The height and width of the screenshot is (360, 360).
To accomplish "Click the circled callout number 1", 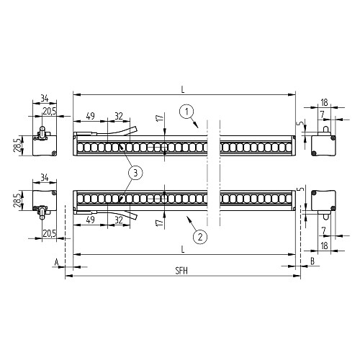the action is tap(186, 112).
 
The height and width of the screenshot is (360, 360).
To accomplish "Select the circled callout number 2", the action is tap(200, 237).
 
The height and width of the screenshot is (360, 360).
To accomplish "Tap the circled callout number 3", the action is tap(135, 173).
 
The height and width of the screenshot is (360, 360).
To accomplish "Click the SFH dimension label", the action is tap(181, 271).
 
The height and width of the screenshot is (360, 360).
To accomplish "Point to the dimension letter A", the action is tap(57, 262).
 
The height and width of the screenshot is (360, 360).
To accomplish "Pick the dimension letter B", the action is tap(312, 261).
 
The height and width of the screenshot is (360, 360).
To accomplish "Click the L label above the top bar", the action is tap(183, 90).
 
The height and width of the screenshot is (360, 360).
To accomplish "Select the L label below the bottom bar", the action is tap(183, 249).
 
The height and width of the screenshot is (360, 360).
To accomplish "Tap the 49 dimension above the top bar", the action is tap(90, 116).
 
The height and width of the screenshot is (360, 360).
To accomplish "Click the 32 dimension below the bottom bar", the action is tap(119, 220).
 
